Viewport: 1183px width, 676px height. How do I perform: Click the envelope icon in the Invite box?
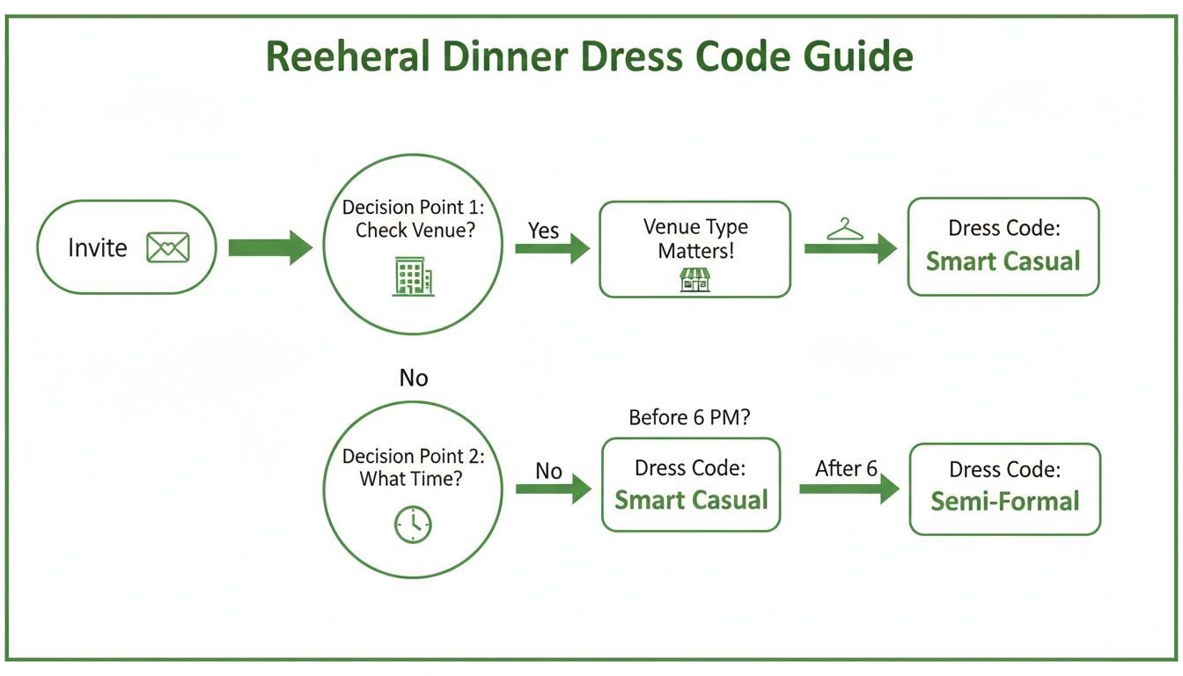(x=168, y=248)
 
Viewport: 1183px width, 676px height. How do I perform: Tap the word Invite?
(x=98, y=248)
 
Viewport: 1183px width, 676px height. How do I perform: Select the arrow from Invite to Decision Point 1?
(x=269, y=248)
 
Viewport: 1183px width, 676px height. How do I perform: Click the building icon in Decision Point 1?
(x=412, y=278)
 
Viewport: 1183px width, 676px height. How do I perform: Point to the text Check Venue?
(x=412, y=231)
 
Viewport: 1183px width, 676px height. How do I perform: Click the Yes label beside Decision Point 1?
(x=543, y=231)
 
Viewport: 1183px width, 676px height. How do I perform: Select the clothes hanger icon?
(x=846, y=230)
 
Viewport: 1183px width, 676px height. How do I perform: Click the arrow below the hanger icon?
(x=849, y=249)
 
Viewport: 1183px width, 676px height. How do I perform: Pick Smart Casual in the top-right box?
(x=1003, y=261)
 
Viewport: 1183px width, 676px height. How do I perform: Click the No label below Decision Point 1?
(x=413, y=378)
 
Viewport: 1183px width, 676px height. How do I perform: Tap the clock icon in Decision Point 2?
(x=412, y=525)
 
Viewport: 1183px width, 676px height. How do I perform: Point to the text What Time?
(x=412, y=480)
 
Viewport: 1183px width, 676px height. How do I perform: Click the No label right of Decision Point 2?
(x=548, y=472)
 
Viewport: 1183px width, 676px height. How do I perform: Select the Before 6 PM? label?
(x=689, y=418)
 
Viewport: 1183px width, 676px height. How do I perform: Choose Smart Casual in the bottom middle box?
(x=691, y=500)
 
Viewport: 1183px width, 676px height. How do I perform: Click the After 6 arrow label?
(x=846, y=469)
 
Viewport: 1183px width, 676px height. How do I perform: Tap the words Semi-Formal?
(x=1004, y=502)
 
